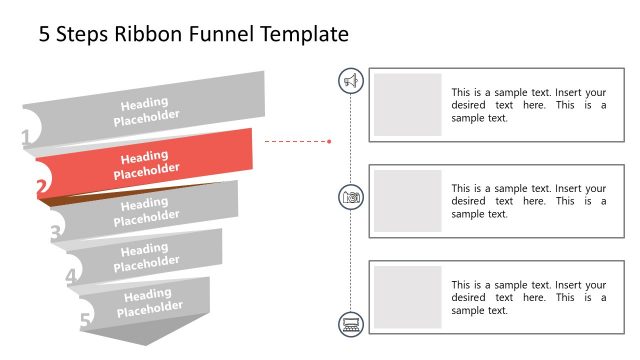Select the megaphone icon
[351, 81]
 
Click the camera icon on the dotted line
[351, 197]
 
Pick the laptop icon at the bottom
[351, 323]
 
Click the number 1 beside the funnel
[26, 139]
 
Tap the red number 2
[41, 186]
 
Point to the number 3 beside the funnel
[56, 232]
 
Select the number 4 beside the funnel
[71, 277]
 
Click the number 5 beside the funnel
[85, 321]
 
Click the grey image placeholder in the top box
[407, 104]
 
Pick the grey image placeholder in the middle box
[407, 201]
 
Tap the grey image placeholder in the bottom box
[407, 297]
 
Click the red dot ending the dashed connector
[329, 141]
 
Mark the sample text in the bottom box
[528, 298]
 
